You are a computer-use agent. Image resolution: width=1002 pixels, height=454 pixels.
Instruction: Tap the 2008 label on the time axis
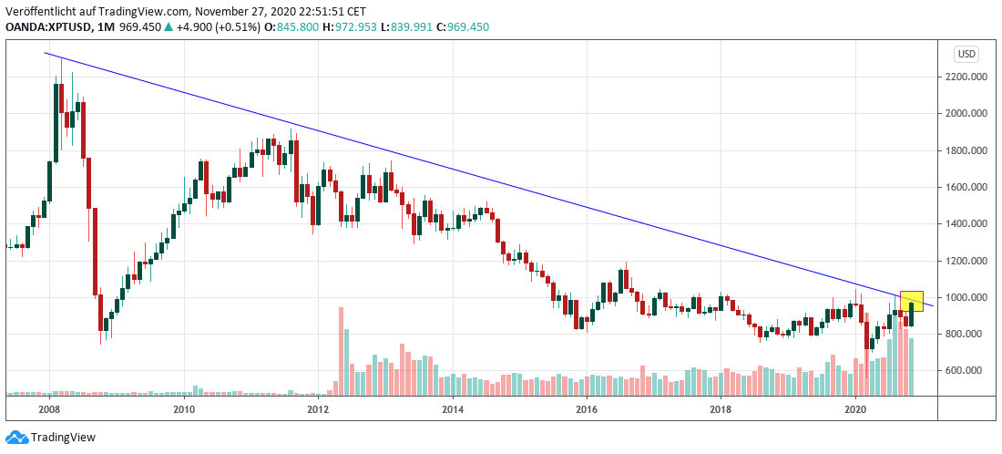click(50, 410)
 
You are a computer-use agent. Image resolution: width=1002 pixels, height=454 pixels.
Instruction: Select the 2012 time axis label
click(318, 410)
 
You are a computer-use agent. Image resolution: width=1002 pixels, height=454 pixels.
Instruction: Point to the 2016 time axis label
click(587, 410)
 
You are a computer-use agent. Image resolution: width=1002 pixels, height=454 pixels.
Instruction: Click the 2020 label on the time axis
click(855, 410)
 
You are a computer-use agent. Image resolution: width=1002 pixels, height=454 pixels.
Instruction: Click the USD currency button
click(966, 54)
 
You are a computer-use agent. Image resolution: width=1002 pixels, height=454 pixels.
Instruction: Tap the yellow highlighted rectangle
click(911, 301)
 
